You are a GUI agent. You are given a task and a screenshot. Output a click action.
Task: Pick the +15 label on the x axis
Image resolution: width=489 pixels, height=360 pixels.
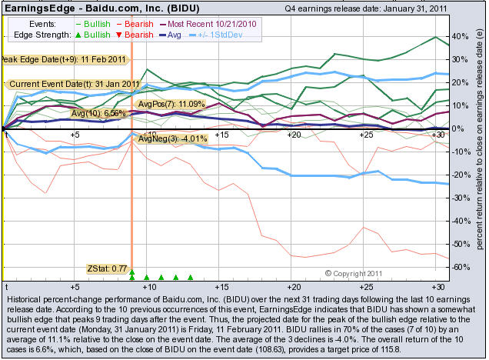click(x=221, y=135)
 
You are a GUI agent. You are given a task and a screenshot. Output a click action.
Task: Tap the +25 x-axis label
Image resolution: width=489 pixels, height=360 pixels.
click(x=366, y=135)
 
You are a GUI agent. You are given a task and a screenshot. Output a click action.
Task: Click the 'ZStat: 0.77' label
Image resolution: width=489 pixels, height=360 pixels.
click(x=105, y=268)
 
